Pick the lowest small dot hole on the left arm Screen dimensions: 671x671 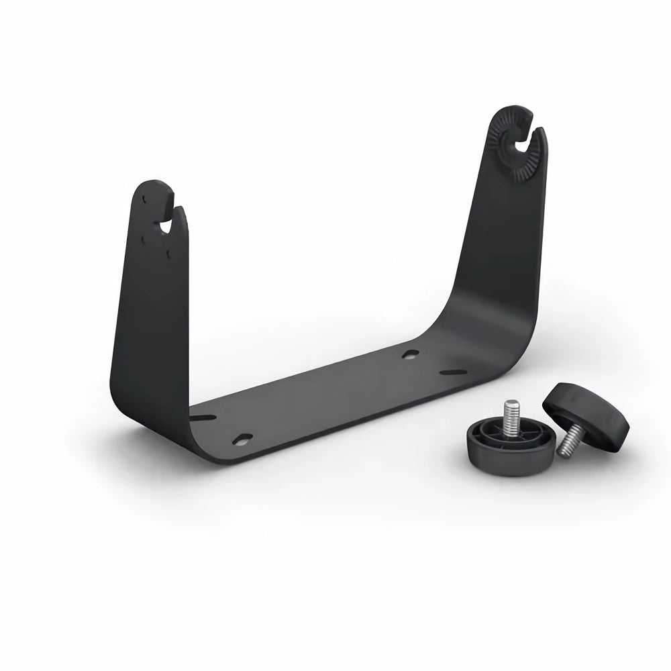[168, 253]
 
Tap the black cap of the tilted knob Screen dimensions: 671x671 [587, 409]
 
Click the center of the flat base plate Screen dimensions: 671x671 [322, 396]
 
